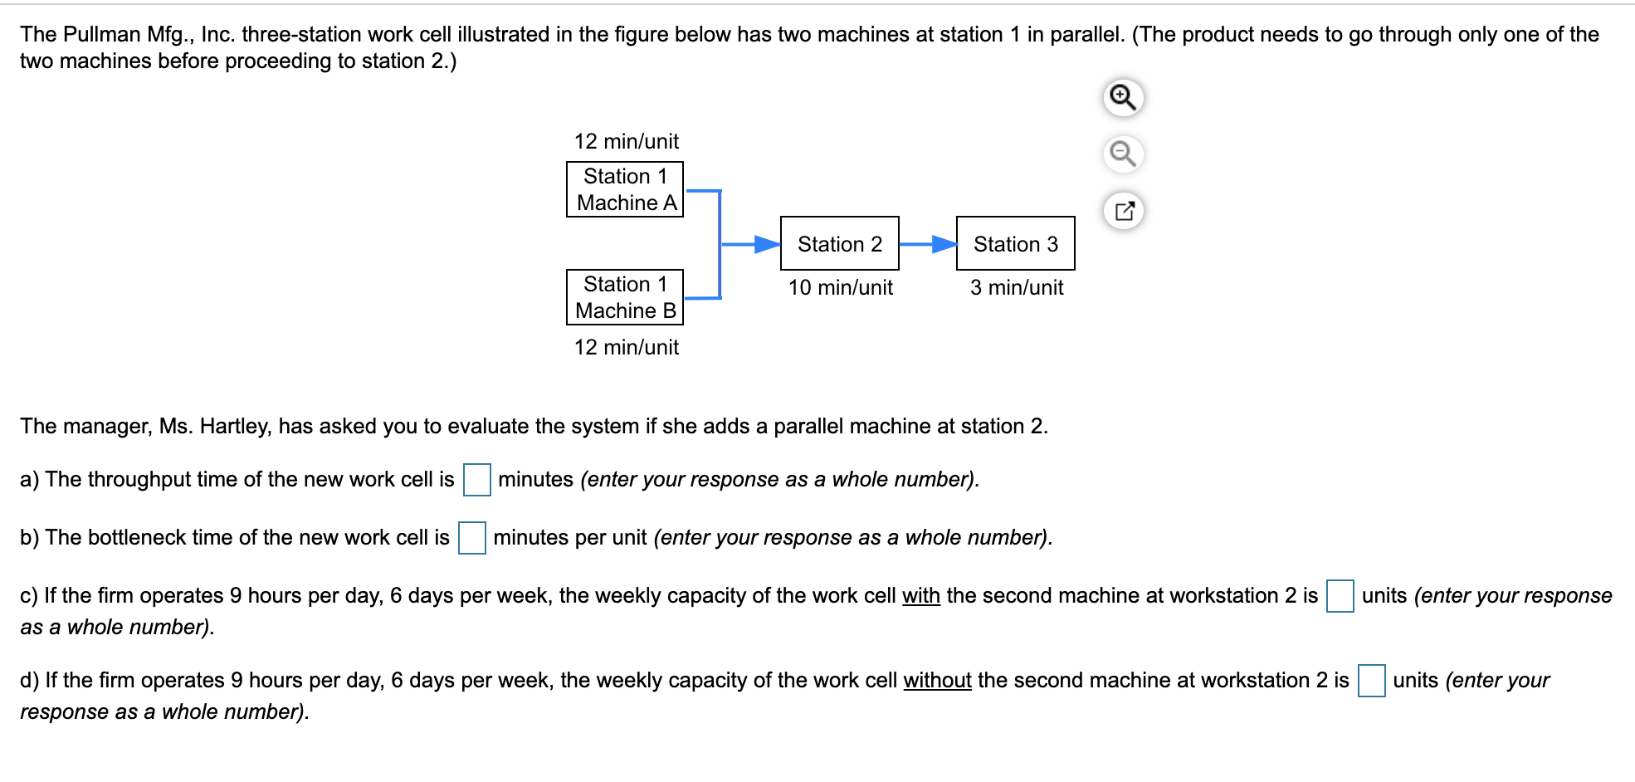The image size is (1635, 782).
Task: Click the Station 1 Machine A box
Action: pyautogui.click(x=624, y=189)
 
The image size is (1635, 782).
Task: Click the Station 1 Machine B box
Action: pyautogui.click(x=624, y=297)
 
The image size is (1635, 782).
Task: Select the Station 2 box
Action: pyautogui.click(x=839, y=243)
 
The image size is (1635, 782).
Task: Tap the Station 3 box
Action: pyautogui.click(x=1015, y=243)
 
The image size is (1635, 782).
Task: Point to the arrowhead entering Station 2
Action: pyautogui.click(x=767, y=244)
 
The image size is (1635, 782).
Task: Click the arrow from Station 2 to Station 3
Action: pyautogui.click(x=927, y=244)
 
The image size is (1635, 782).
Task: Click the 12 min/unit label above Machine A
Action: pyautogui.click(x=626, y=141)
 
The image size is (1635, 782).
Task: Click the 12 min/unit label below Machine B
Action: pyautogui.click(x=626, y=347)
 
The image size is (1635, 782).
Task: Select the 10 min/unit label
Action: pyautogui.click(x=840, y=287)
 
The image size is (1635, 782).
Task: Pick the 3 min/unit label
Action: pyautogui.click(x=1016, y=287)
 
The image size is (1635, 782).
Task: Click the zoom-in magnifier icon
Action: pyautogui.click(x=1123, y=97)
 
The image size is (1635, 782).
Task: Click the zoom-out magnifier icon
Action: pyautogui.click(x=1123, y=154)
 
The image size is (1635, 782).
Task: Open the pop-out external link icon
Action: pyautogui.click(x=1124, y=211)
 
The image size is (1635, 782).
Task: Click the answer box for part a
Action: pyautogui.click(x=476, y=480)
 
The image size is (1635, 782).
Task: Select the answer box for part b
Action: pyautogui.click(x=471, y=538)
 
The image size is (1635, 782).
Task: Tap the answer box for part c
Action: pyautogui.click(x=1340, y=596)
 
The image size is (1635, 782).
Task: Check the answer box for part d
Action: pyautogui.click(x=1371, y=681)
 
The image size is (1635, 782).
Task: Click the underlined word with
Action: pyautogui.click(x=920, y=596)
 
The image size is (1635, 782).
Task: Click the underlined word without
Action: pyautogui.click(x=937, y=681)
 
